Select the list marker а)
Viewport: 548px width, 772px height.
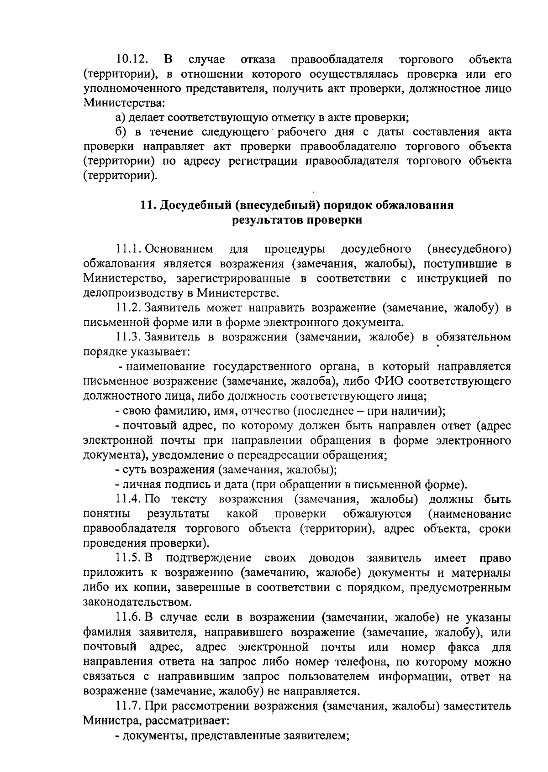click(121, 118)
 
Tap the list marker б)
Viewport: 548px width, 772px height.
click(121, 132)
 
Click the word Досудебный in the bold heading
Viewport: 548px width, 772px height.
click(195, 205)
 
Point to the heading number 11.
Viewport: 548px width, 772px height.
click(147, 205)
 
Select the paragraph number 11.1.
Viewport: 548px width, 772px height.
click(129, 249)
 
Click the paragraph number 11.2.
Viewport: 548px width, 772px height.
click(129, 308)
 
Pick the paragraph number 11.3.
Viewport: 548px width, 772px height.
click(129, 337)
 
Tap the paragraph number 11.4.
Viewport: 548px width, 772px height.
click(129, 499)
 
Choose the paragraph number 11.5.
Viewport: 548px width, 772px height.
click(129, 558)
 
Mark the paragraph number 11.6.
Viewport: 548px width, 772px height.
click(129, 617)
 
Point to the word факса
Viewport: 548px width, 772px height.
click(464, 647)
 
